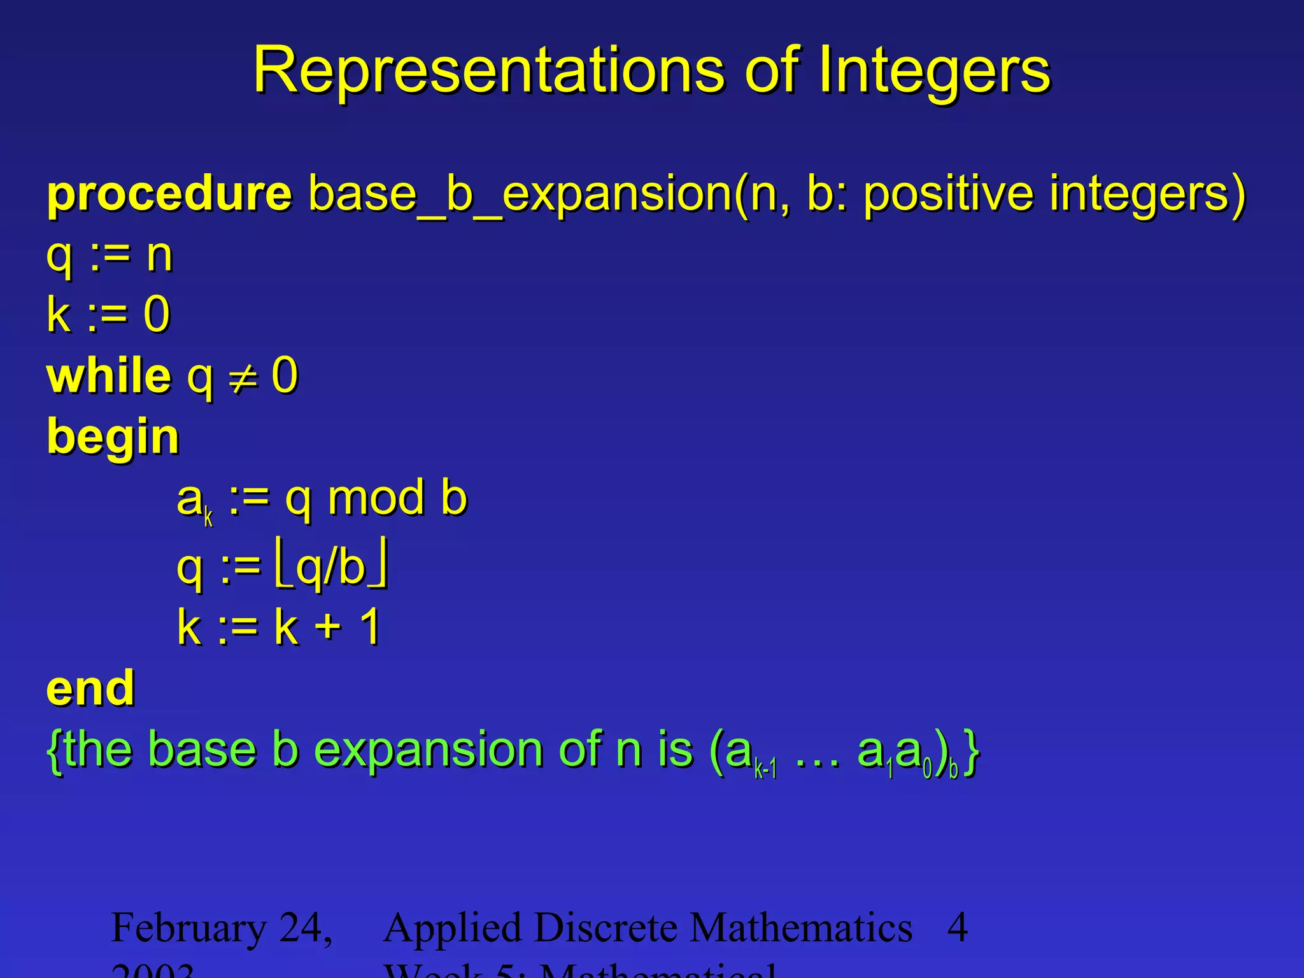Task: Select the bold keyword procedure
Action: pyautogui.click(x=169, y=194)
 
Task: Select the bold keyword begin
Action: pyautogui.click(x=113, y=438)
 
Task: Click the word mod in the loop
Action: pyautogui.click(x=376, y=498)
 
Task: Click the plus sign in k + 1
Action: pyautogui.click(x=329, y=628)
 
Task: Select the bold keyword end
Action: pyautogui.click(x=90, y=689)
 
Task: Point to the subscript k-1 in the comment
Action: pyautogui.click(x=765, y=770)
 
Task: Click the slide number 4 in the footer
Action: pyautogui.click(x=958, y=928)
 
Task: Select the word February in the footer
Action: pyautogui.click(x=188, y=928)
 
